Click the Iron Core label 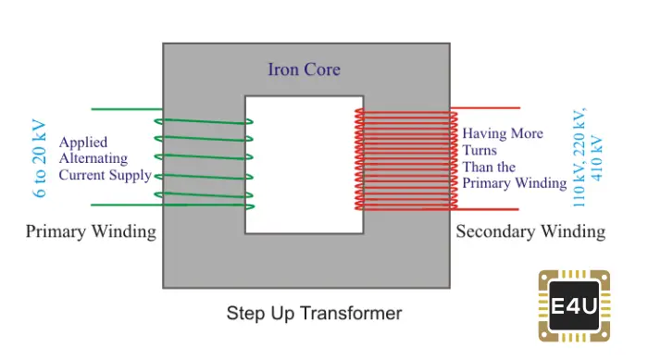click(x=304, y=69)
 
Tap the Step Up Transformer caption click(x=314, y=314)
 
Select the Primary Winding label click(x=91, y=231)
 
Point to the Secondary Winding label click(x=530, y=231)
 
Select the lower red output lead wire click(x=491, y=208)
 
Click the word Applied click(x=83, y=143)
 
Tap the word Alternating click(x=93, y=159)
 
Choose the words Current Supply click(x=105, y=175)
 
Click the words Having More click(x=503, y=134)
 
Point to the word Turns click(x=480, y=150)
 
